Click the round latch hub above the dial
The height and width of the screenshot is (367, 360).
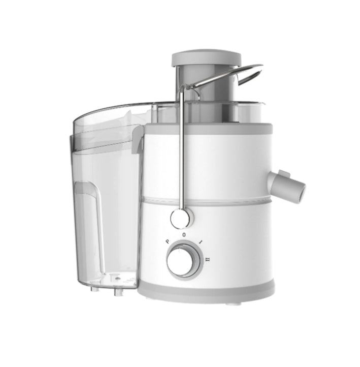[181, 219]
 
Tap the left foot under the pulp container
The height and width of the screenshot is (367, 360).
[94, 290]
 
